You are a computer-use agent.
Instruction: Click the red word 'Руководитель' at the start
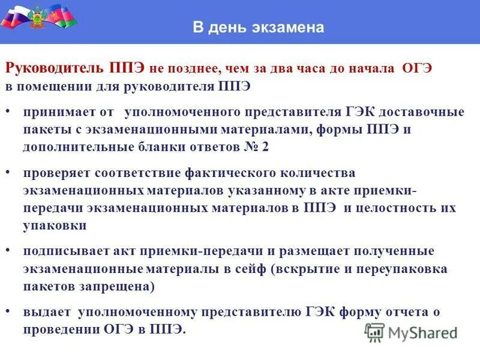[56, 68]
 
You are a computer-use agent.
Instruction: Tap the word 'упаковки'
[55, 226]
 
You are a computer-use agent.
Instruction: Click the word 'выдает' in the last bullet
[48, 312]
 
